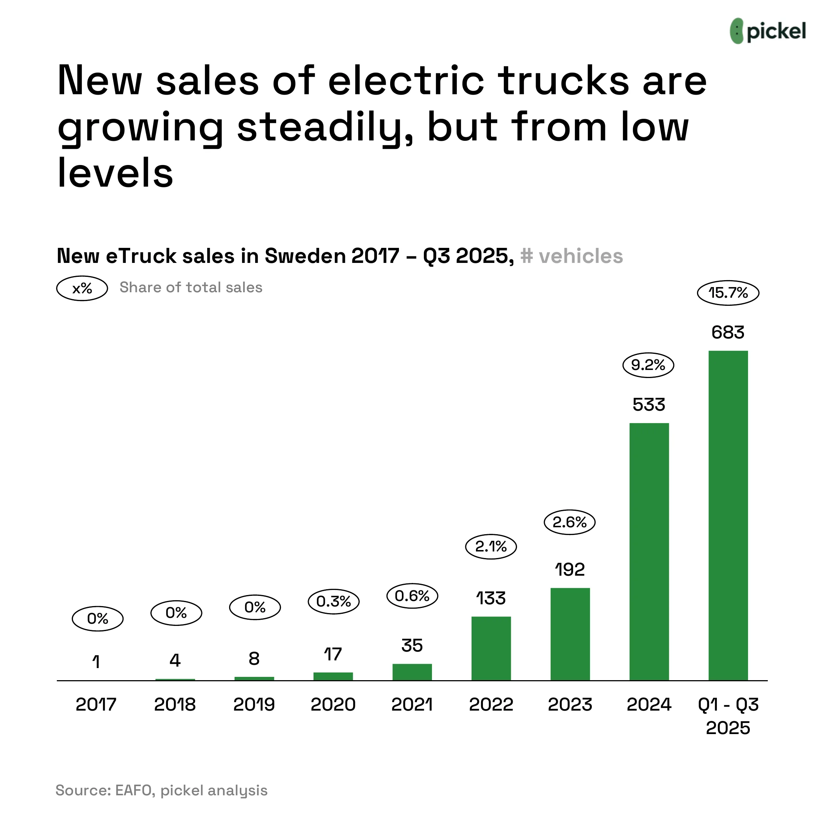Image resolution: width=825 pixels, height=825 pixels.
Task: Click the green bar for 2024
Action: point(649,552)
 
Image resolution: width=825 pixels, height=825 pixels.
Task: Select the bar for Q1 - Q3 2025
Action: point(728,516)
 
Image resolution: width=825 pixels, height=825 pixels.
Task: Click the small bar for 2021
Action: point(412,672)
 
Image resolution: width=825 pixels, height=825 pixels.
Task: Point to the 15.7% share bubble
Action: point(728,293)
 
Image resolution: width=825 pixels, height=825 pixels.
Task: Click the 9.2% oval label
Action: point(648,366)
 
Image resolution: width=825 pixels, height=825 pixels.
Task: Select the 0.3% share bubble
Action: point(334,602)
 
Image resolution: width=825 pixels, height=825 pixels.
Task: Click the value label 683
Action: point(728,333)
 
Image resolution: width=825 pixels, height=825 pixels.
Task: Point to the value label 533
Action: point(649,405)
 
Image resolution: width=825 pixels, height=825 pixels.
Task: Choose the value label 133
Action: point(491,599)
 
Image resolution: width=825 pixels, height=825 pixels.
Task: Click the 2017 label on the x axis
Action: point(96,705)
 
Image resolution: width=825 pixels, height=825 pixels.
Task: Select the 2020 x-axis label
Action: point(333,705)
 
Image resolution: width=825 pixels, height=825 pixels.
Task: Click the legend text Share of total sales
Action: point(191,287)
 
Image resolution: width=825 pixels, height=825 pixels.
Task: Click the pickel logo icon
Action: point(737,31)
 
